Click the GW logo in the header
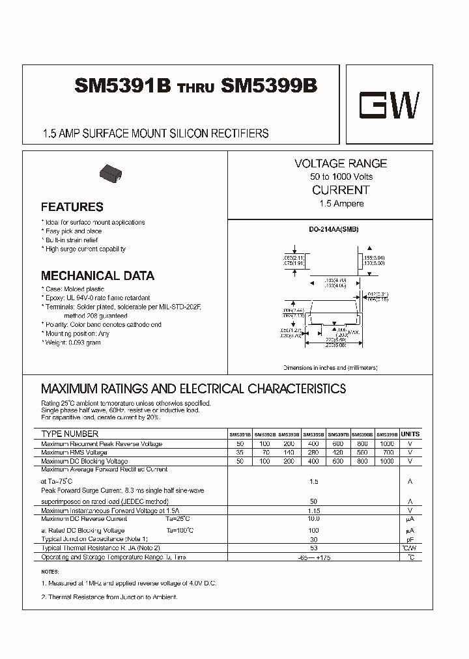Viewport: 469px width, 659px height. point(390,105)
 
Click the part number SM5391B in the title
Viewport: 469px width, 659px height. point(122,87)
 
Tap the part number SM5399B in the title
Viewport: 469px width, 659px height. point(269,87)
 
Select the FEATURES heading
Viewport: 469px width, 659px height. point(72,207)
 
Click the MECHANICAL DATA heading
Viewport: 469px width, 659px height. point(98,275)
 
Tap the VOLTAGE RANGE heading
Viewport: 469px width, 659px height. point(341,163)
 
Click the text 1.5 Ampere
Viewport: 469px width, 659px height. point(341,204)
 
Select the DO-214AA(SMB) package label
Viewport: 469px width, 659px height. point(334,230)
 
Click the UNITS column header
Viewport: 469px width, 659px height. point(410,434)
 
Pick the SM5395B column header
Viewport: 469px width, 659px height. point(313,434)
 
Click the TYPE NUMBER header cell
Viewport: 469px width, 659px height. point(70,434)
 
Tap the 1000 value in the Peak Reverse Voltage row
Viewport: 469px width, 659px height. point(386,443)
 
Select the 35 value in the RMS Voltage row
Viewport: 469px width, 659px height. point(240,452)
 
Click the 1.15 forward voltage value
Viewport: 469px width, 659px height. point(313,511)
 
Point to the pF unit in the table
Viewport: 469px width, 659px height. point(410,539)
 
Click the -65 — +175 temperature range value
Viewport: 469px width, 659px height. point(313,557)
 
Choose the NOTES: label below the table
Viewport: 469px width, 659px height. point(50,572)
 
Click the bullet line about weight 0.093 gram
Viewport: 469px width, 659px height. point(72,343)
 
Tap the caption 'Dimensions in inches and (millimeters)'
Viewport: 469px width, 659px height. point(330,367)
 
